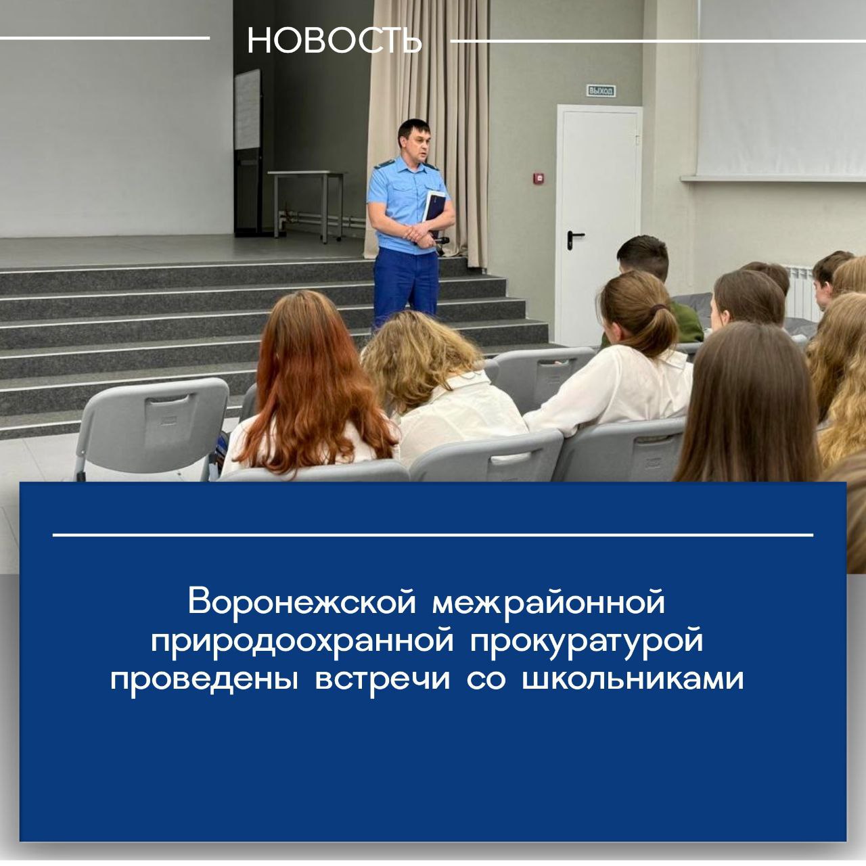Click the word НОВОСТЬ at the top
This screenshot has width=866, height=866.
click(x=334, y=41)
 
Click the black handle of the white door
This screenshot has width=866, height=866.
click(x=574, y=237)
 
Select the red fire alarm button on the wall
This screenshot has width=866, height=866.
click(x=537, y=179)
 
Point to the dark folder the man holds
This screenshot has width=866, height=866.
click(x=434, y=211)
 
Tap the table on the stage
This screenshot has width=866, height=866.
click(x=306, y=203)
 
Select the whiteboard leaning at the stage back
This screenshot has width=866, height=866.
click(x=247, y=110)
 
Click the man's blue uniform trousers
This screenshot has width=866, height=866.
click(x=406, y=288)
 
